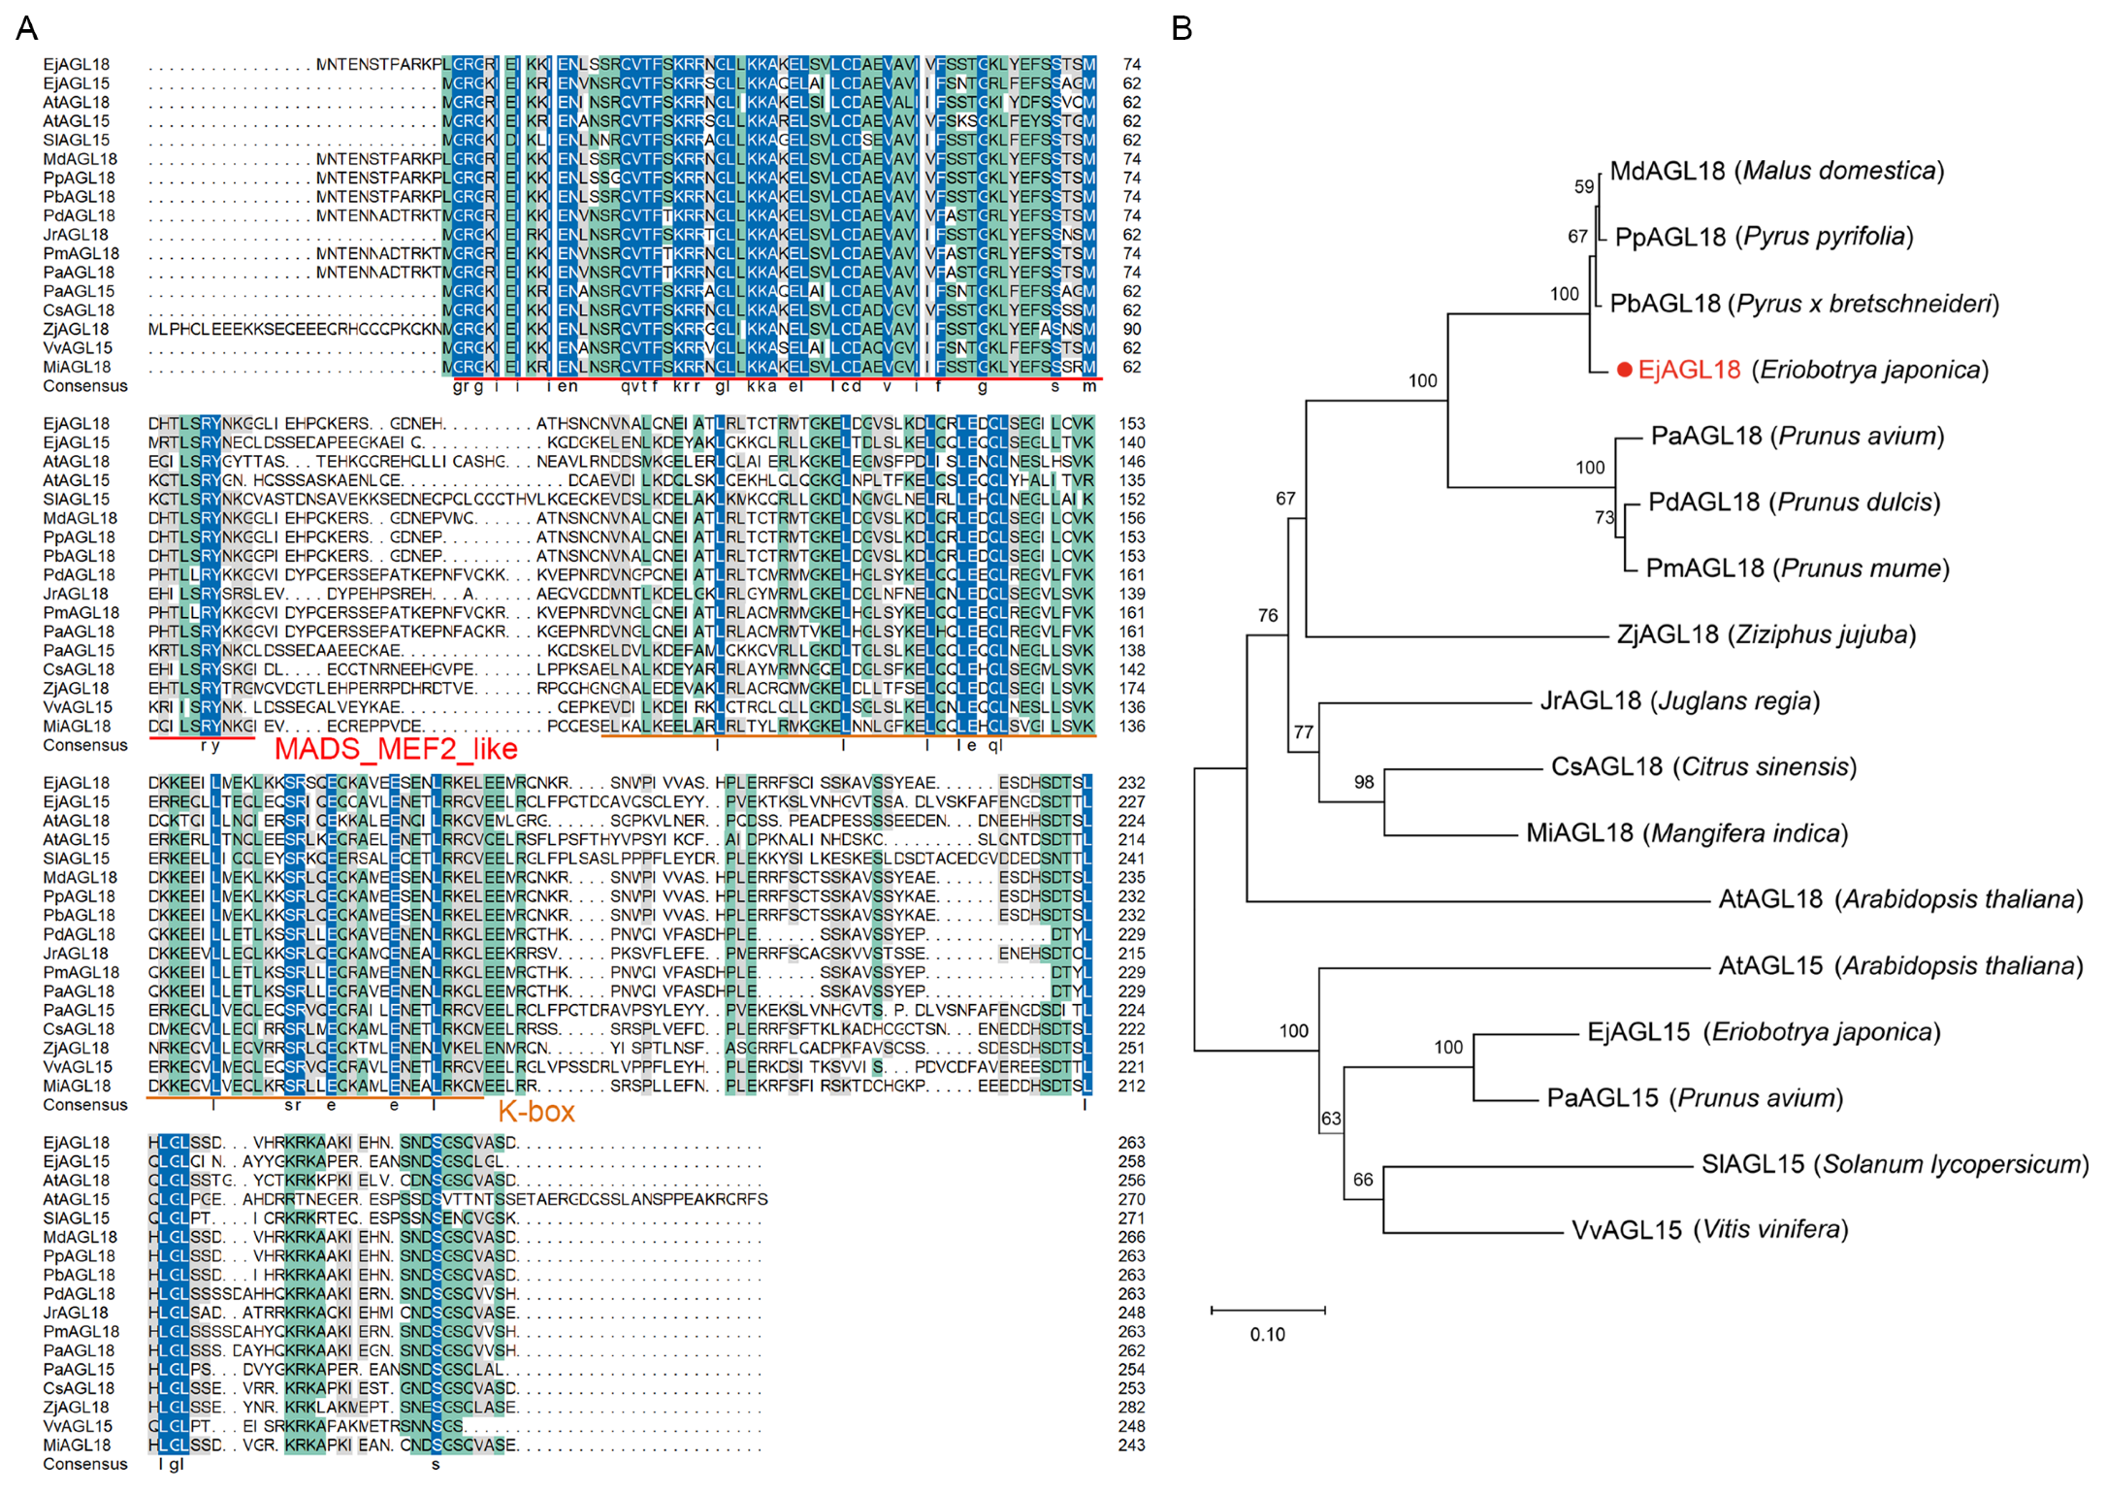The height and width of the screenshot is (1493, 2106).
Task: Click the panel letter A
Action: [x=27, y=28]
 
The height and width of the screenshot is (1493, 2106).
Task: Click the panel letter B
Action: [x=1181, y=28]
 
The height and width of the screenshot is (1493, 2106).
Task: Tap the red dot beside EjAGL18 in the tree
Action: [x=1624, y=370]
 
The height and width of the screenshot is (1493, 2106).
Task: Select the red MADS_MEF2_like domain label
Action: [x=396, y=749]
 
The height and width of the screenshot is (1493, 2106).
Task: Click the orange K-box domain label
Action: [x=535, y=1112]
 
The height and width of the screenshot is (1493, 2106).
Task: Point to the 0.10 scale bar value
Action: [x=1267, y=1335]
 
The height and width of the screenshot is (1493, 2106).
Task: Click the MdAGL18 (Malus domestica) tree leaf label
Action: [x=1776, y=171]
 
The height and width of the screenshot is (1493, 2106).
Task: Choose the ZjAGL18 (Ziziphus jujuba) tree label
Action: [x=1766, y=634]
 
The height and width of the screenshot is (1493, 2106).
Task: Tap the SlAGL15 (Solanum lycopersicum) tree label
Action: [x=1895, y=1164]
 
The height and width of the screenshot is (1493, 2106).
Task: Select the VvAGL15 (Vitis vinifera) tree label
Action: [x=1710, y=1230]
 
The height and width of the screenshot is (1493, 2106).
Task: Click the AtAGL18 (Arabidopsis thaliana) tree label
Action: [x=1900, y=899]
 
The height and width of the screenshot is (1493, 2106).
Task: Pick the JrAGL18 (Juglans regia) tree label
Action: [x=1679, y=700]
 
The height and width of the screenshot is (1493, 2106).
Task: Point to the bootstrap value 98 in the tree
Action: [x=1364, y=782]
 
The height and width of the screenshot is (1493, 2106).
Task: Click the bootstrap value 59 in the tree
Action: [x=1584, y=186]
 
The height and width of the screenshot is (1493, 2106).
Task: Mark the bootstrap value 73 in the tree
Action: [x=1604, y=517]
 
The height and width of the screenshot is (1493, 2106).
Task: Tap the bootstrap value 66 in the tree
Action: [x=1363, y=1180]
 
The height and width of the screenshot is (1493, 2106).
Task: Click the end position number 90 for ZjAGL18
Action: [x=1131, y=330]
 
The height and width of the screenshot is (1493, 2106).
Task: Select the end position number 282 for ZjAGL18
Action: [x=1131, y=1408]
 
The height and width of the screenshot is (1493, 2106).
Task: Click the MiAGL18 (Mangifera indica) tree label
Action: [x=1687, y=833]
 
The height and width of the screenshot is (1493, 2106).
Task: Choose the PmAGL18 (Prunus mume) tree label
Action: [x=1798, y=568]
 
